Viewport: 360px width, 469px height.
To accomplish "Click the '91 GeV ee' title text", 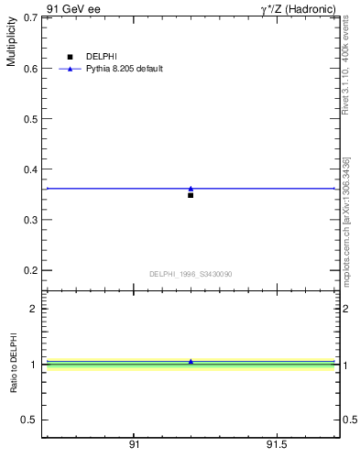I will (73, 8).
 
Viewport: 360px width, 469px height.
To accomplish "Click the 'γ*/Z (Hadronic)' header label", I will (299, 8).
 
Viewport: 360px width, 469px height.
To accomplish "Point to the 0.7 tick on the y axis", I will (29, 17).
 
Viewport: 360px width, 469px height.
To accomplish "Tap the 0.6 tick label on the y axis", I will (29, 69).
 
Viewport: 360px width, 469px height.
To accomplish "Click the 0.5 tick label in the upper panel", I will (29, 119).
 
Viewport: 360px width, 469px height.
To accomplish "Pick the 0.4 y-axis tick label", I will (29, 169).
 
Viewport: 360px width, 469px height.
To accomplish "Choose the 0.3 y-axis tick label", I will (29, 220).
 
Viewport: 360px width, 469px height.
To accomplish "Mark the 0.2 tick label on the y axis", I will (29, 271).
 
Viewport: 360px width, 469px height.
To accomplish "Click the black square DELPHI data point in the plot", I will (191, 195).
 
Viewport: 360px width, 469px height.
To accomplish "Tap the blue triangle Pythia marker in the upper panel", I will (191, 188).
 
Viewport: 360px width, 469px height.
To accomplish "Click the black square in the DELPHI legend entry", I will (71, 57).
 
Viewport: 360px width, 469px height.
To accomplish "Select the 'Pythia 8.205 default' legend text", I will (125, 69).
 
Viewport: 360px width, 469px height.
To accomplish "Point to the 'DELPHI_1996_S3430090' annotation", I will (191, 274).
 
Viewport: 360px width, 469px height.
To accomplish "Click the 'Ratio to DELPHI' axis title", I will (14, 364).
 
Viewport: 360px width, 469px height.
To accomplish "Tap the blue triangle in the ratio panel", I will (191, 362).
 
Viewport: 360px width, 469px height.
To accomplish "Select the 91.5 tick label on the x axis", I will (277, 444).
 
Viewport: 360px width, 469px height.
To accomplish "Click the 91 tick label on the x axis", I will (134, 444).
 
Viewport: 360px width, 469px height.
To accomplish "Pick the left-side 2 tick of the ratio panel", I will (34, 309).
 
